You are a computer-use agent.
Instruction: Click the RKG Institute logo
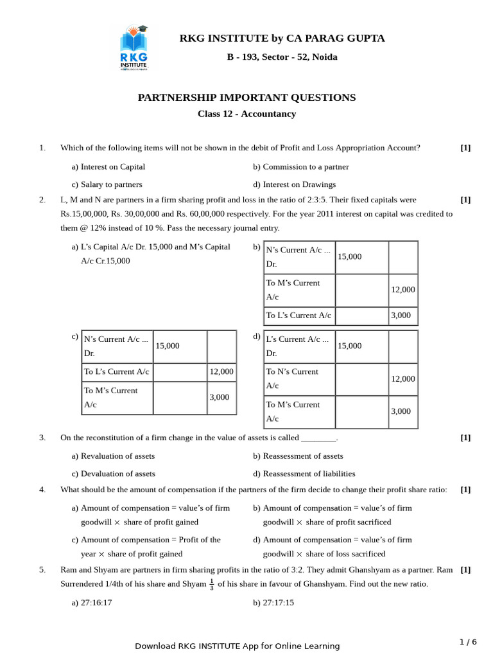pos(134,48)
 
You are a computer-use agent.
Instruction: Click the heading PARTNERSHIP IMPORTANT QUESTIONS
pos(246,98)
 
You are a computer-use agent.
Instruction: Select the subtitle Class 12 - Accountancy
pos(246,114)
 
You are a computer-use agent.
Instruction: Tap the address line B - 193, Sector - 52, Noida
pos(282,57)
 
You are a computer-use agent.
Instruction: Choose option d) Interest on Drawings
pos(294,184)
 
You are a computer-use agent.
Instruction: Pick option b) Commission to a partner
pos(300,166)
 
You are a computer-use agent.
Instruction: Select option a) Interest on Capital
pos(108,166)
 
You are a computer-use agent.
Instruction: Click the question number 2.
pos(42,200)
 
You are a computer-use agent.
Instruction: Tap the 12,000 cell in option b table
pos(402,290)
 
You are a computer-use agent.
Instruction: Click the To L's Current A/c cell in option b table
pos(298,316)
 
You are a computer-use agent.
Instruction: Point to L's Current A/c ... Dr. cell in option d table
pos(298,346)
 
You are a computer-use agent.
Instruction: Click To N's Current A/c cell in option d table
pos(298,378)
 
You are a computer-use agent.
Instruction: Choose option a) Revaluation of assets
pos(113,456)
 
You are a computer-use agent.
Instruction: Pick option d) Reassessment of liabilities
pos(304,474)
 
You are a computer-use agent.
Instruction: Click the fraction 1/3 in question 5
pos(212,584)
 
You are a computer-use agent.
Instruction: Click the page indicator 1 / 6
pos(468,642)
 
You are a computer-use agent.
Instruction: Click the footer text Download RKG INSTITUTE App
pos(237,646)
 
